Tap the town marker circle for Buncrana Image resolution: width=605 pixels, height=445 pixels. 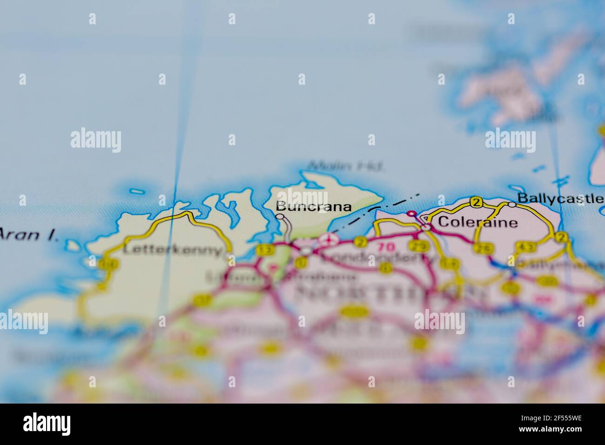[x=280, y=216]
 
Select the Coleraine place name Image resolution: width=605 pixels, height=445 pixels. [x=477, y=222]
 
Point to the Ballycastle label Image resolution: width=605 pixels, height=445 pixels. [x=561, y=198]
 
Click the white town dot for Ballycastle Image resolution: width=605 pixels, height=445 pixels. [x=512, y=204]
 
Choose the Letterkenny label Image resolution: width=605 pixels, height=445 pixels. [x=172, y=250]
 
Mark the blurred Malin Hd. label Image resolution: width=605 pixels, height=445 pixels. [x=346, y=165]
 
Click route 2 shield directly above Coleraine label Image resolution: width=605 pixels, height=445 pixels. [x=476, y=202]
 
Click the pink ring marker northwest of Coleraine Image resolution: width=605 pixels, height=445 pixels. [x=411, y=214]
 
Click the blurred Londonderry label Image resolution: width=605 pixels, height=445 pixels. [x=377, y=258]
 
